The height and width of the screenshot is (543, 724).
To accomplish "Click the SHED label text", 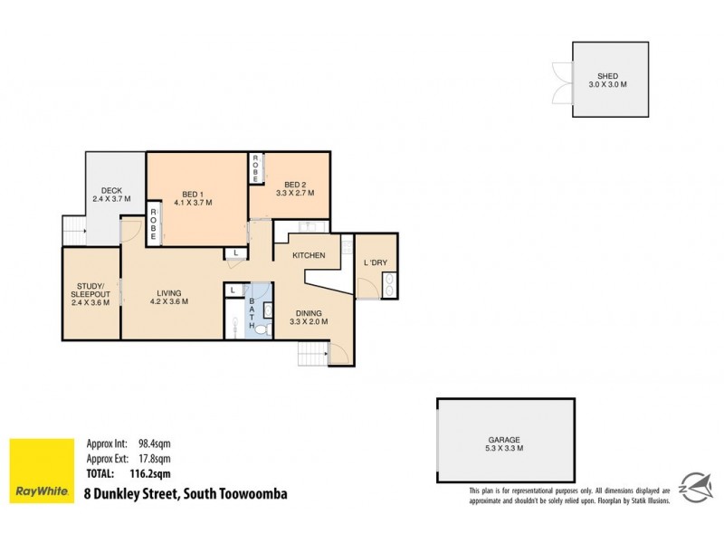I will [606, 76].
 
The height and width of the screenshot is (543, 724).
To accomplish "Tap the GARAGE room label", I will [505, 439].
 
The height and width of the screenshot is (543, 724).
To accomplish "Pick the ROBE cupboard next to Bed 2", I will [256, 169].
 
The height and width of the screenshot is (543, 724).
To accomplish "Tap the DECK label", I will [112, 190].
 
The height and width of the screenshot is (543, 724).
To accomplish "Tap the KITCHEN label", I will [309, 256].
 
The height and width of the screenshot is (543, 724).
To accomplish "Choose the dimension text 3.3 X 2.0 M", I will [309, 321].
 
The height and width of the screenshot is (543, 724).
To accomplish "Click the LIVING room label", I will [168, 293].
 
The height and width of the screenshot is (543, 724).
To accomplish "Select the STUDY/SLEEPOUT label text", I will [91, 291].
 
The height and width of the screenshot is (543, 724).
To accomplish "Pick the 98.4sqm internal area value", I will [155, 443].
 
